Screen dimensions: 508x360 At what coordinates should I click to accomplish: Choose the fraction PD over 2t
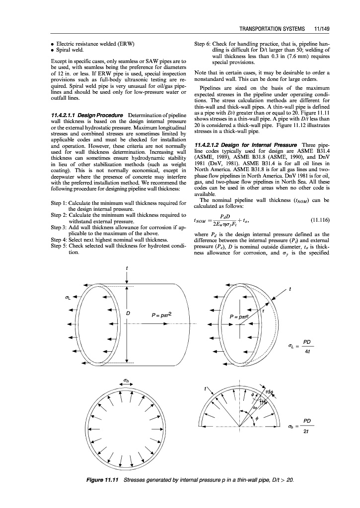308,426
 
